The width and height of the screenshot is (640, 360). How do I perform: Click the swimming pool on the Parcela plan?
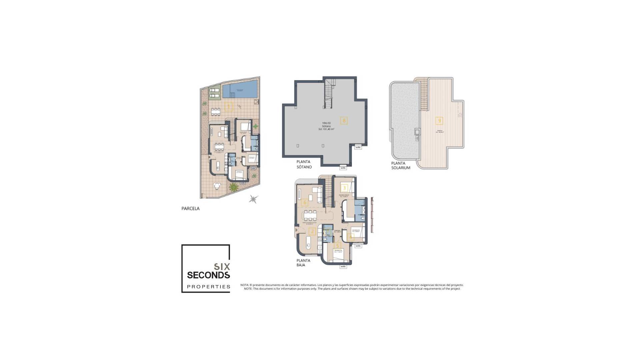(x=240, y=89)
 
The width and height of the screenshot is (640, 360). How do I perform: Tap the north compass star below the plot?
(x=254, y=199)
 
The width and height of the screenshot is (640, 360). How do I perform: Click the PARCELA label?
(x=190, y=209)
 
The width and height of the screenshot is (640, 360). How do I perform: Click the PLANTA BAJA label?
(x=303, y=263)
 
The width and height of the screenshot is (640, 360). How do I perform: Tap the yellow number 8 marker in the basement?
(x=344, y=120)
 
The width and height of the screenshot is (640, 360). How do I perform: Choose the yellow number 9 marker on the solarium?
(x=439, y=120)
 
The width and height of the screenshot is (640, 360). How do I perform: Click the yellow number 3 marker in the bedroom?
(x=344, y=188)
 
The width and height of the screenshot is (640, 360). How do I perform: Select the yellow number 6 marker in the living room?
(x=304, y=202)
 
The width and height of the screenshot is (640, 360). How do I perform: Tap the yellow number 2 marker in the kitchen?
(x=312, y=232)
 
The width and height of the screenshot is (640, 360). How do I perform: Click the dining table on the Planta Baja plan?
(x=310, y=215)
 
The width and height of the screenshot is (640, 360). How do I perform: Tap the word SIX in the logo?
(x=222, y=267)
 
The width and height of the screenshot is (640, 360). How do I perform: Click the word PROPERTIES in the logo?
(x=209, y=287)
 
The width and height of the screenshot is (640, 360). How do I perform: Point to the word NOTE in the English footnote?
(x=248, y=289)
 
